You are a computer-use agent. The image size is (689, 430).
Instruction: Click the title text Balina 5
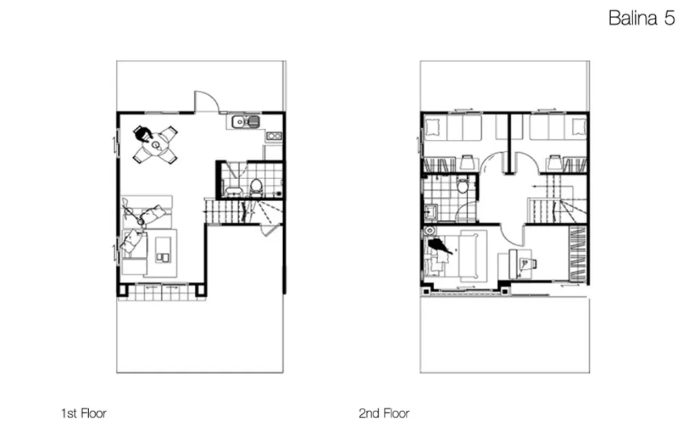(641, 18)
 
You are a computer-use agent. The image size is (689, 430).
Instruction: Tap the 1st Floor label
(83, 413)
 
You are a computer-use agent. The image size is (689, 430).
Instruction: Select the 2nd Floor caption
(384, 413)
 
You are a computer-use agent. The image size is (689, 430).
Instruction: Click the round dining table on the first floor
(156, 144)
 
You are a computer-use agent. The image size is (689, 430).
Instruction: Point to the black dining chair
(143, 133)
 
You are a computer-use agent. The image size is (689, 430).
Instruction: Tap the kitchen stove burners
(274, 136)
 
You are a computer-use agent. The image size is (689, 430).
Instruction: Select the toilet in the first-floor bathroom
(256, 187)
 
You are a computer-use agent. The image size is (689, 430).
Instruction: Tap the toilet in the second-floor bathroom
(462, 185)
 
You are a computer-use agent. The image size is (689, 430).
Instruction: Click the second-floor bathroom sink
(430, 212)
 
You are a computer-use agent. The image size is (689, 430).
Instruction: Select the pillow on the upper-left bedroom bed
(433, 127)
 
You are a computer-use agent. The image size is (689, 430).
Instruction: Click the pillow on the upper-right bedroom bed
(579, 127)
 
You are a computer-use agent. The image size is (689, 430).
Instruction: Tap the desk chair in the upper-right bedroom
(555, 162)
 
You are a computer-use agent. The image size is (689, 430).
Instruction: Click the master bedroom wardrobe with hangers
(577, 254)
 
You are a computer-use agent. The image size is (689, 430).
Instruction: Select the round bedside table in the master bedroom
(429, 231)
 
